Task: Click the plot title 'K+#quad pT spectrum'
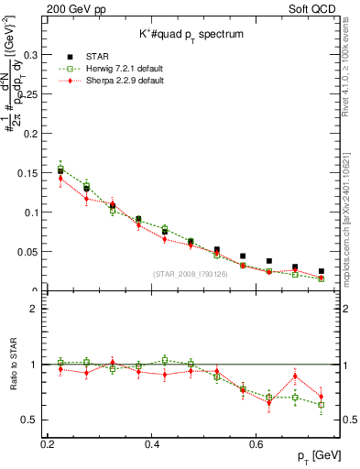point(182,33)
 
